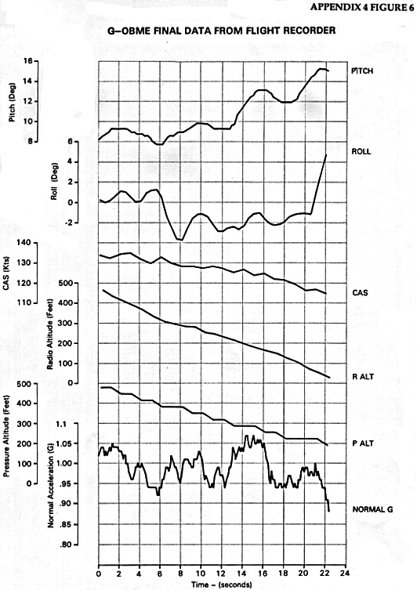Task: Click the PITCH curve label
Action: click(362, 71)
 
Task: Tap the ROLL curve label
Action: click(361, 152)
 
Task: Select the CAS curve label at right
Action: click(360, 293)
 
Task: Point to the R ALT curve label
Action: click(363, 377)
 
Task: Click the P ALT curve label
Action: click(363, 443)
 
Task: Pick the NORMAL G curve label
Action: click(372, 509)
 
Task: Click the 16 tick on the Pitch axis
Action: click(28, 61)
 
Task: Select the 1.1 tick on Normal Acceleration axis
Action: click(61, 424)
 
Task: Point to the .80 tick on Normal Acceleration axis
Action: click(67, 545)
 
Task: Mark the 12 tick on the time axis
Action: click(222, 574)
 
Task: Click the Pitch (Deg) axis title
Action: click(13, 103)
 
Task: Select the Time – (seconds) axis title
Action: click(221, 585)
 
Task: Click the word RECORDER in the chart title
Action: click(312, 31)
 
